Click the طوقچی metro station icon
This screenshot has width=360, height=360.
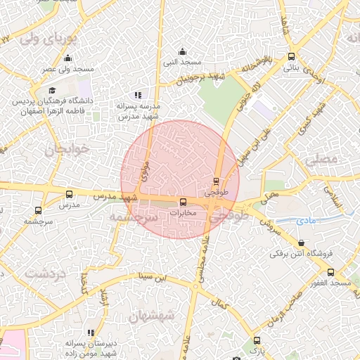216,180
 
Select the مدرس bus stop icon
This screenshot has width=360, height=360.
69,193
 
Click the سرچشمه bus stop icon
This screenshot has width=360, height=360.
37,210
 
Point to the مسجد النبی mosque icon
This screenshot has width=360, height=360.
183,51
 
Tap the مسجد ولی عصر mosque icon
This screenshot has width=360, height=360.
67,58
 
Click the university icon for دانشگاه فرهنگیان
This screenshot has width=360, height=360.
52,91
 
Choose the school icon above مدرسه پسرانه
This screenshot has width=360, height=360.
138,94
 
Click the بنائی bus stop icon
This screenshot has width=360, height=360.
292,58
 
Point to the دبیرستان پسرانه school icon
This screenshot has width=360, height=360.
90,333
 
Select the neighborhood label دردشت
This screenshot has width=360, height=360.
44,273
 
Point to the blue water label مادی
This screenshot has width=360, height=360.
309,221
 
